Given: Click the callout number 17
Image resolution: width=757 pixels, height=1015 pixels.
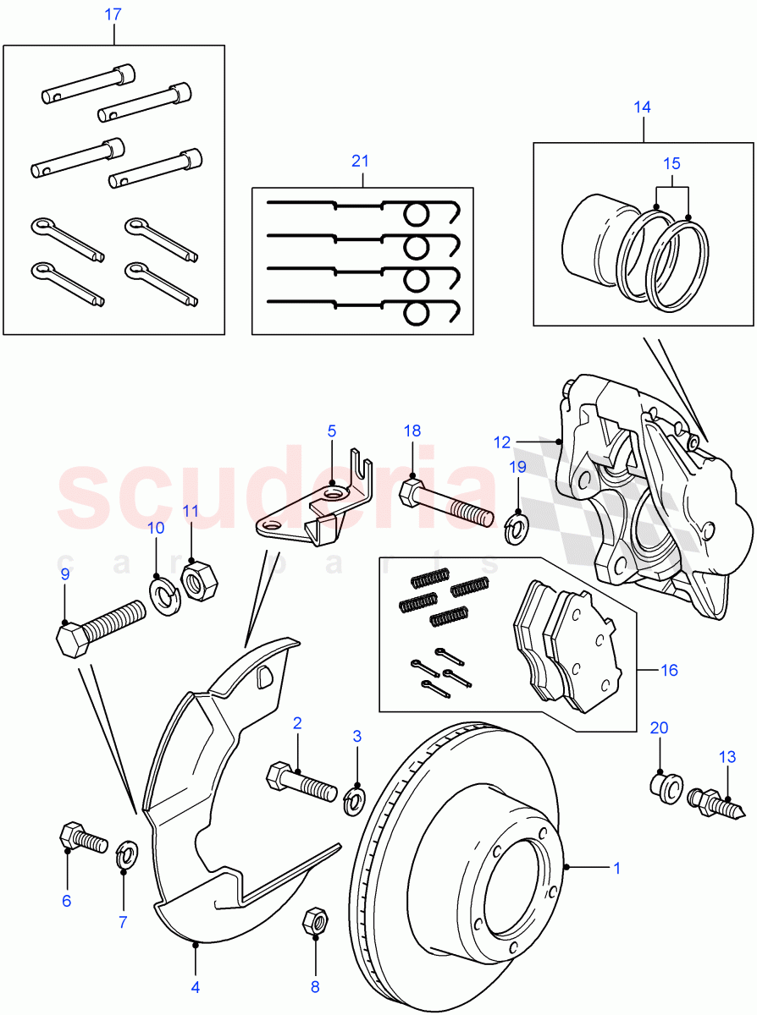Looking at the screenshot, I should click(113, 14).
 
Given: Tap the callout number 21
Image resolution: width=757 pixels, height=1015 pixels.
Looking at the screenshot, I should click(362, 161).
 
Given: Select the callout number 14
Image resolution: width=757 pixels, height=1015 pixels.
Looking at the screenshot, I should click(643, 107).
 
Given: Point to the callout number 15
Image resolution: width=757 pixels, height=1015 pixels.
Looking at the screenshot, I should click(671, 163).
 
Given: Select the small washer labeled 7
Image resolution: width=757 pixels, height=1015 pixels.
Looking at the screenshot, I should click(125, 854).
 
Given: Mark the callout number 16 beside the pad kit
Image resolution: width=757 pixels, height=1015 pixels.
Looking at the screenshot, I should click(669, 671).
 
